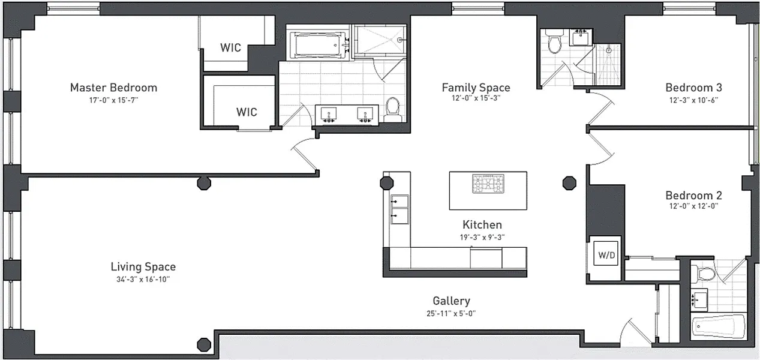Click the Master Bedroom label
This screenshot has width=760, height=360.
click(x=113, y=88)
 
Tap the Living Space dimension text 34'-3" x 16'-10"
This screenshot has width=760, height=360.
click(x=143, y=279)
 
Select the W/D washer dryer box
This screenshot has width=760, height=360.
click(x=606, y=253)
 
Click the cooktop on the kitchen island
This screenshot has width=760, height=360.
click(x=488, y=184)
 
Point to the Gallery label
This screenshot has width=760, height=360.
click(x=451, y=301)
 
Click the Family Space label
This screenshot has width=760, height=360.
click(x=476, y=88)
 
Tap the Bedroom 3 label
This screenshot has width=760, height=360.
click(x=693, y=88)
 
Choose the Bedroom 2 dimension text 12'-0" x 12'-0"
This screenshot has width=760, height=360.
click(x=693, y=206)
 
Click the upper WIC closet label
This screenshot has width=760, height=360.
click(x=230, y=47)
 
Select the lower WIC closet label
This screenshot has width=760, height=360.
click(x=247, y=112)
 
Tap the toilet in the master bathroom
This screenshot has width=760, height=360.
click(x=393, y=109)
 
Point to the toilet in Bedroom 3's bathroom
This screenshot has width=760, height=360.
click(x=554, y=41)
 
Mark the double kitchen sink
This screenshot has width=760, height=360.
click(x=399, y=209)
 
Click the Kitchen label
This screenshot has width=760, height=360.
click(x=482, y=224)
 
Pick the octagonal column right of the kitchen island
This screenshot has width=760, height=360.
click(x=569, y=183)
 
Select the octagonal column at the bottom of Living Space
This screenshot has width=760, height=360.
click(x=204, y=345)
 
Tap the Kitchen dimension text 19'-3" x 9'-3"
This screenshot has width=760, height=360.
click(x=482, y=237)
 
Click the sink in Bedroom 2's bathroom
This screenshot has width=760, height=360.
click(x=699, y=299)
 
